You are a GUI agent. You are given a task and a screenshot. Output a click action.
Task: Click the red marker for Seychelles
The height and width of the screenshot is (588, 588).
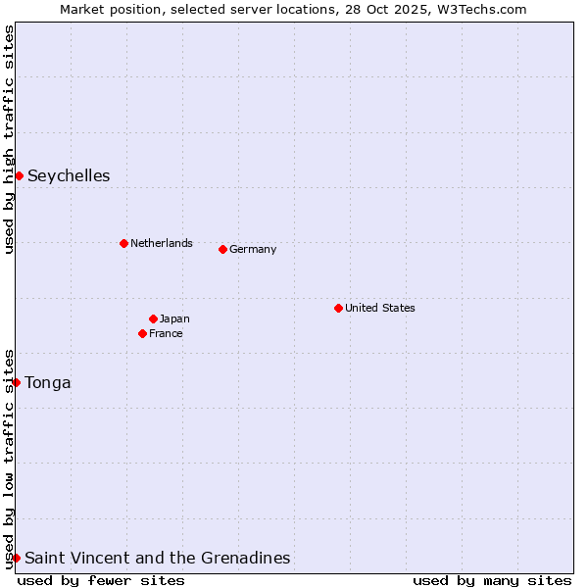tap(19, 175)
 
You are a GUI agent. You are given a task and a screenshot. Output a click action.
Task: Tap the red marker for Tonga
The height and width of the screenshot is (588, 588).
tap(17, 382)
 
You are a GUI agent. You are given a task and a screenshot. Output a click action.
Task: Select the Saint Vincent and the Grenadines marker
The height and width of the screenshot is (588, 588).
tap(17, 558)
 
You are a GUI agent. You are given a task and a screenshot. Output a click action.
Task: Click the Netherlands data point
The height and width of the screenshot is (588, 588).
tap(123, 243)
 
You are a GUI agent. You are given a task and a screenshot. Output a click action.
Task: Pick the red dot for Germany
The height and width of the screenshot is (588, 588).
tap(222, 249)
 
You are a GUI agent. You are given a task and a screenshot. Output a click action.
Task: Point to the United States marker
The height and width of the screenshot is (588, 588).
tap(338, 308)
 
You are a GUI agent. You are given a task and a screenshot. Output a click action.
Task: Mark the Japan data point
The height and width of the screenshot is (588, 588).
tap(153, 318)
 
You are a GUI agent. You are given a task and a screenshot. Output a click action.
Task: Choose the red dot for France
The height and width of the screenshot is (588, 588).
tap(142, 333)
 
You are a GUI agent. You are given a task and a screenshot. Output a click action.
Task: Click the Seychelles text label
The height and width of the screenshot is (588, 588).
tap(69, 176)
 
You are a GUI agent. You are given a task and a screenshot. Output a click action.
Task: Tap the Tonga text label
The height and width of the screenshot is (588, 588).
tap(48, 383)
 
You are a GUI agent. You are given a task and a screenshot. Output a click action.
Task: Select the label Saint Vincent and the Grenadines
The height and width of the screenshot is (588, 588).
tap(157, 559)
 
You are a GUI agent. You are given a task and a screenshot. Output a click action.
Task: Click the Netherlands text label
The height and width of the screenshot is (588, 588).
tap(161, 243)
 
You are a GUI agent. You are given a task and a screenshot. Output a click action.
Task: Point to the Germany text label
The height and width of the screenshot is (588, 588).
tap(253, 249)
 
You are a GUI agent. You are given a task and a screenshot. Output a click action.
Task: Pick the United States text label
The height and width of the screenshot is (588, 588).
tap(379, 308)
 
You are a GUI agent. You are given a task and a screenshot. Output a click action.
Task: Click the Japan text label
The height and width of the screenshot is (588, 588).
tap(174, 318)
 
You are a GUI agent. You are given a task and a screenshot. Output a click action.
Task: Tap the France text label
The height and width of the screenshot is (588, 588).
tap(166, 333)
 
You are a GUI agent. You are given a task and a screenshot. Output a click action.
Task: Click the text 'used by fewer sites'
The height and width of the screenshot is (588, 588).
tap(101, 580)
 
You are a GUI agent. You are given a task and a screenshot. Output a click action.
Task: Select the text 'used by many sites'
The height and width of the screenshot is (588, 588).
tap(492, 580)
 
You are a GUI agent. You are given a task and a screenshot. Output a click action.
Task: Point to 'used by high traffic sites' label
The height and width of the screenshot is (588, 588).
tap(9, 139)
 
